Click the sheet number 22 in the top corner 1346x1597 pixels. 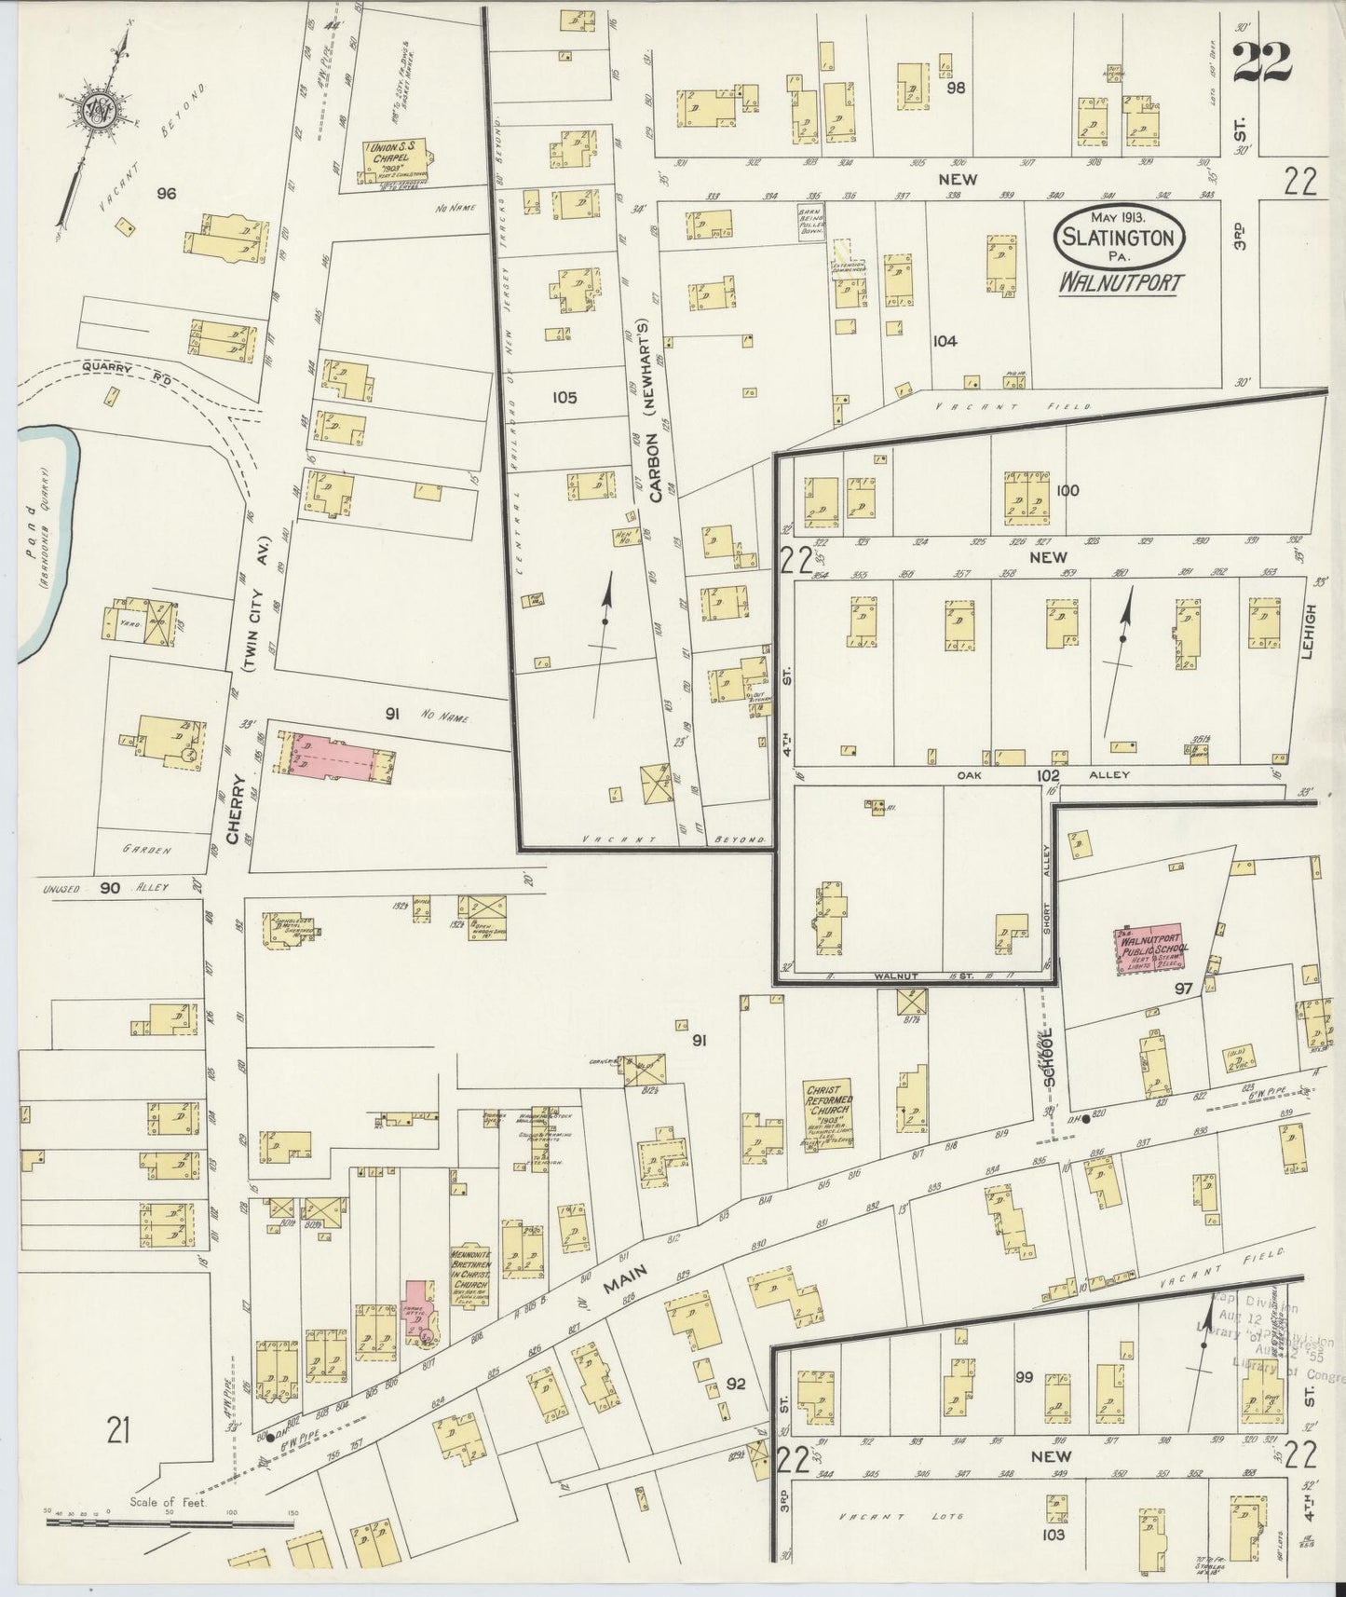(1263, 63)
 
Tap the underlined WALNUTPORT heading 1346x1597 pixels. (1118, 282)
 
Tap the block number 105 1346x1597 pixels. (564, 398)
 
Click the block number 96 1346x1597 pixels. (167, 194)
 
